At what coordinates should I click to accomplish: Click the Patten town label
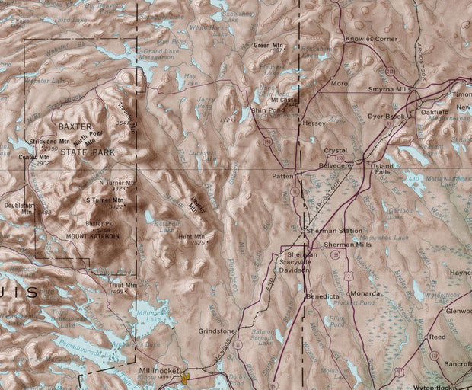(283, 176)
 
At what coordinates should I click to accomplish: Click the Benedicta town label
(321, 294)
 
